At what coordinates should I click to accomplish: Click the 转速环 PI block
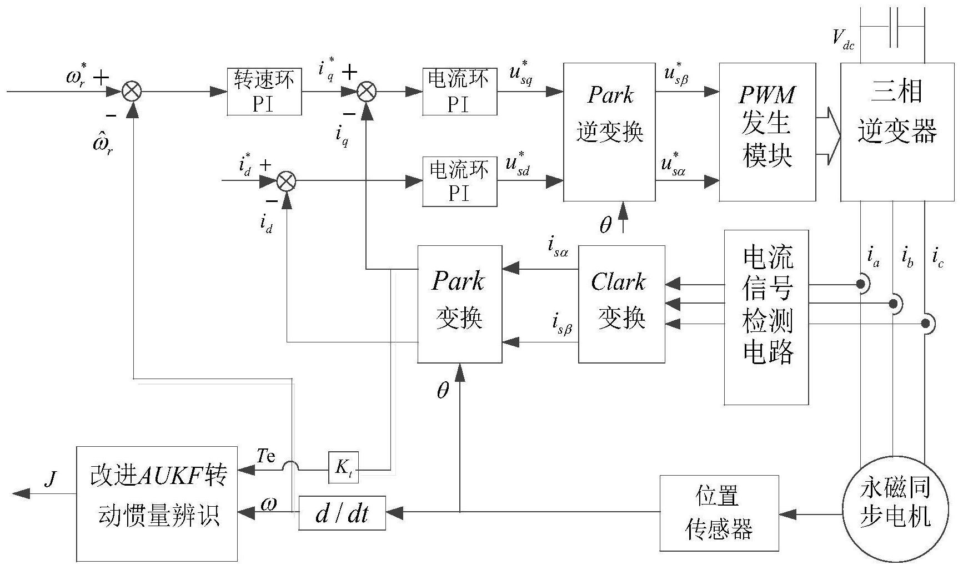tap(264, 92)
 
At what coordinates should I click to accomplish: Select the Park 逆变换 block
tap(609, 132)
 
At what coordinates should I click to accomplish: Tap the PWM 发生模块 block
tap(767, 132)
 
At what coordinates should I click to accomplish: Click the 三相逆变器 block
tap(897, 132)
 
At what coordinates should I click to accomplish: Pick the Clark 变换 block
tap(621, 304)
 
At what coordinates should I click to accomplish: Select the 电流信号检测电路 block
tap(766, 317)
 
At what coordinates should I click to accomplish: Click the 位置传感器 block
tap(719, 513)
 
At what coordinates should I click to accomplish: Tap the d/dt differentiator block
tap(342, 513)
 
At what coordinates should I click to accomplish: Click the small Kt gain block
tap(343, 467)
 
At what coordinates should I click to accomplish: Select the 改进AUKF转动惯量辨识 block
tap(157, 503)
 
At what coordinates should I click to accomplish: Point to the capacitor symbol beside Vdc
tap(893, 27)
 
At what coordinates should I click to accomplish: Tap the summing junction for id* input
tap(286, 180)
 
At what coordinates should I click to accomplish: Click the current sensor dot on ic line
tap(925, 323)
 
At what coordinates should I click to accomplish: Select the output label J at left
tap(51, 478)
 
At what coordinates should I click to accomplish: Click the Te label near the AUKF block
tap(265, 456)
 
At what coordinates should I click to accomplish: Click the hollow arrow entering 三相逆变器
tap(829, 136)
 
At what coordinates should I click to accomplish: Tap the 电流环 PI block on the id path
tap(459, 182)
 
